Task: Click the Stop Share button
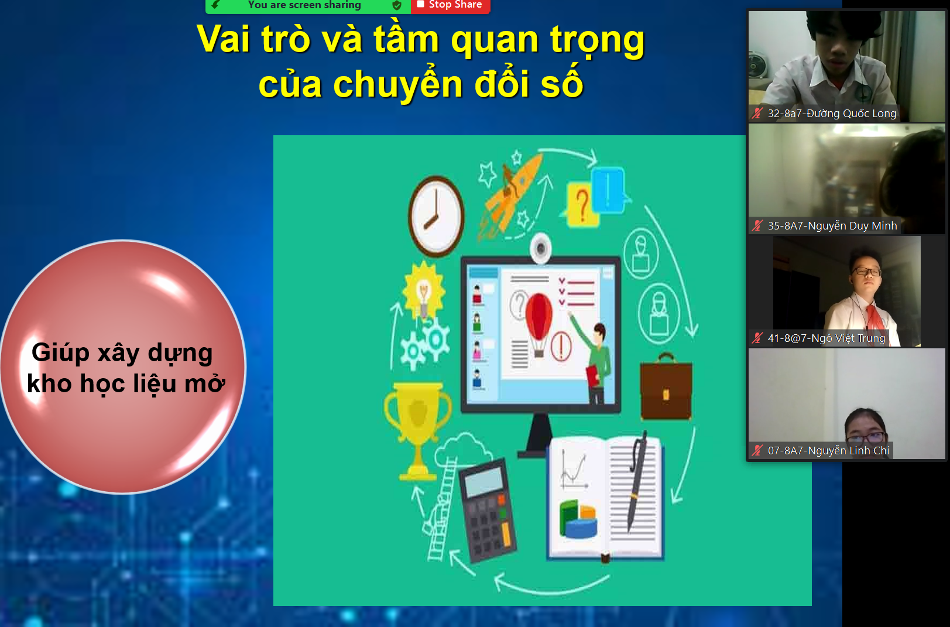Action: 450,5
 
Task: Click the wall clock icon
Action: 436,217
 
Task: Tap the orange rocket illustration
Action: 510,193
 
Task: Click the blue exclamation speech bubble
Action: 609,190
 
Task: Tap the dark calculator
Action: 487,509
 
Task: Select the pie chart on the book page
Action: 578,519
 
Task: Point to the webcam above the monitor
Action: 540,247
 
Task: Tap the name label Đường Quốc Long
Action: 832,114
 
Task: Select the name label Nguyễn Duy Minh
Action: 832,226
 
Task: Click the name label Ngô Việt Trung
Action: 826,338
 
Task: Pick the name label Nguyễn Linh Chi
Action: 828,451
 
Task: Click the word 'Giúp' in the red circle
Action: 61,353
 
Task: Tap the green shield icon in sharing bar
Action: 396,5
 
